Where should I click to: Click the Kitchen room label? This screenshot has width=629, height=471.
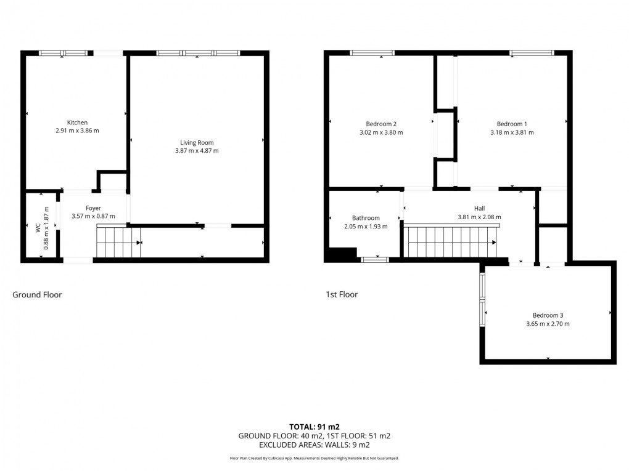pos(77,123)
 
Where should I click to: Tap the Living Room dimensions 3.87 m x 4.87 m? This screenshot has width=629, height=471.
pos(197,150)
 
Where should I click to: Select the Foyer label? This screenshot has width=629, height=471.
pos(93,208)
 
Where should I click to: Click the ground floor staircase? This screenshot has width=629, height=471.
pos(119,241)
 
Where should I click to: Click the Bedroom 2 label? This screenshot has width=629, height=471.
pos(381,124)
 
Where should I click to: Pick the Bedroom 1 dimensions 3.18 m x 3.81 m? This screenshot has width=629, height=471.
pos(512,132)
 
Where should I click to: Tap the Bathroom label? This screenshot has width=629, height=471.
pos(366,218)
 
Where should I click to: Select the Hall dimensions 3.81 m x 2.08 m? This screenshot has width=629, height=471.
pos(479,217)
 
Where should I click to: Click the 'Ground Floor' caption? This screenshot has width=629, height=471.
pos(37,295)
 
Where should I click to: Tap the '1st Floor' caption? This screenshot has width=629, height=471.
pos(342,295)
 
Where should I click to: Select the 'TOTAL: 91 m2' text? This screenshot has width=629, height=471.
pos(314,426)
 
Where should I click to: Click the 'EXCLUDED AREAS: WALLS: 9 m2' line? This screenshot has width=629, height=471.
pos(314,445)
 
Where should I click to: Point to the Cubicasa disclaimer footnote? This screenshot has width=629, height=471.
pos(314,458)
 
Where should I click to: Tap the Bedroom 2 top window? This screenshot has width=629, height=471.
pos(372,53)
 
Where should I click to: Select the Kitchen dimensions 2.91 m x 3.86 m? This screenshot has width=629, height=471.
pos(77,131)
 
